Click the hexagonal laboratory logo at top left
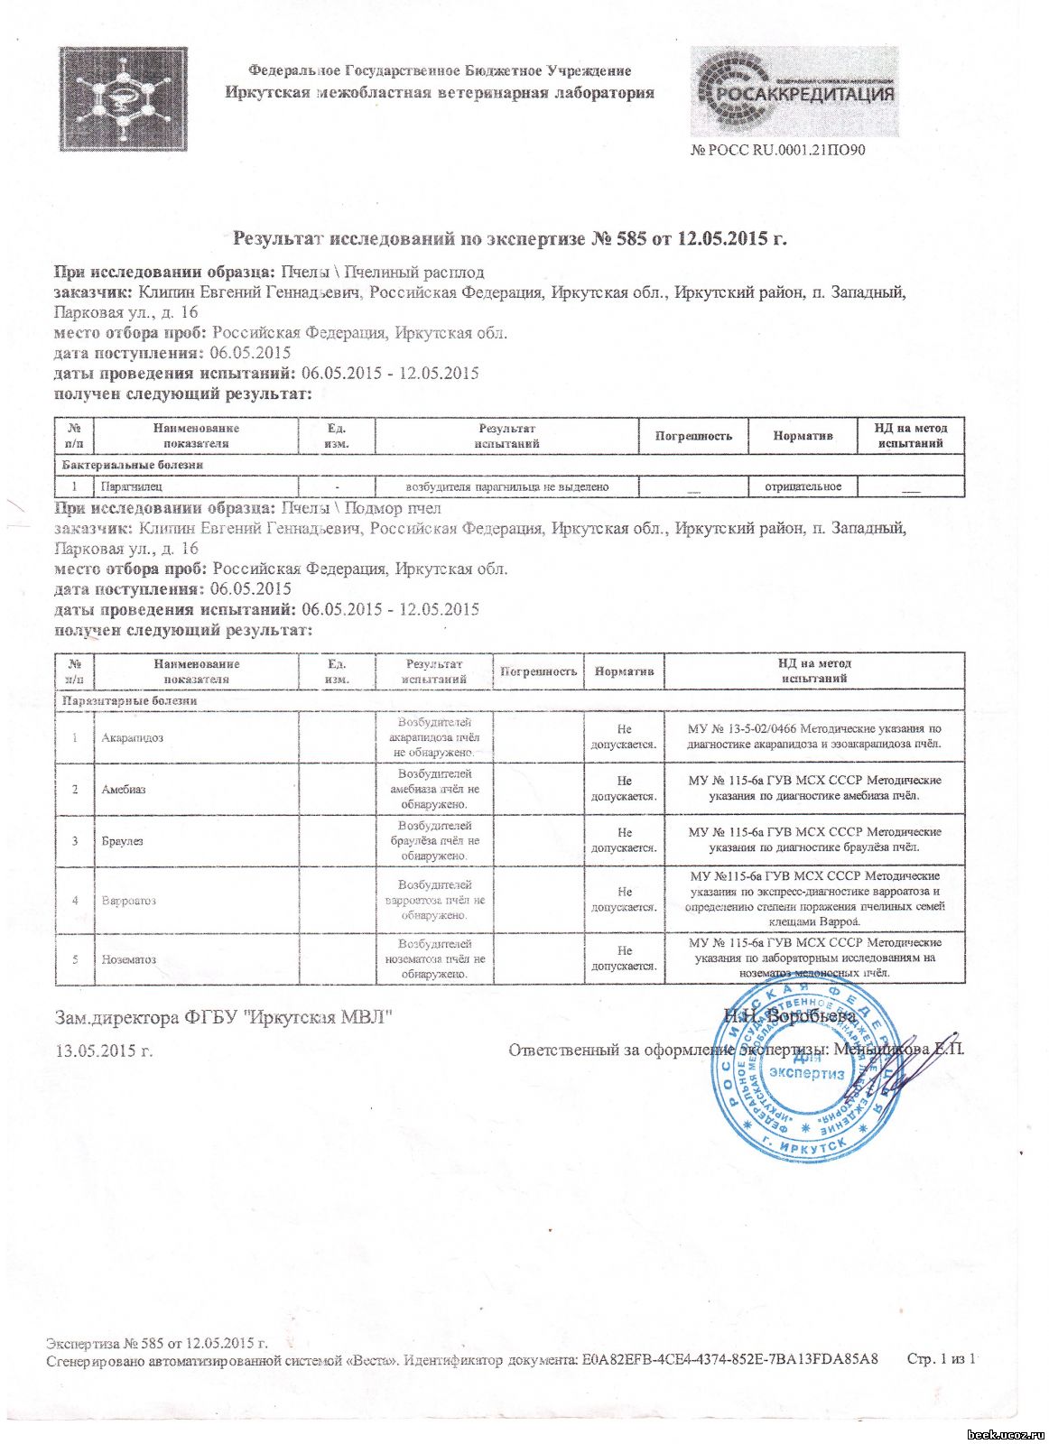[124, 98]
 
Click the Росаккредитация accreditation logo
[794, 91]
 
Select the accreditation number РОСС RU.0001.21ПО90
[778, 150]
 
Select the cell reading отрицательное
[803, 486]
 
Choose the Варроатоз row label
[129, 900]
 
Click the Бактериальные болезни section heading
[133, 465]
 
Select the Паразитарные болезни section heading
[129, 700]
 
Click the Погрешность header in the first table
[693, 436]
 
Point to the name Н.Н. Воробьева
[790, 1016]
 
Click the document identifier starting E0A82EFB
[729, 1359]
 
